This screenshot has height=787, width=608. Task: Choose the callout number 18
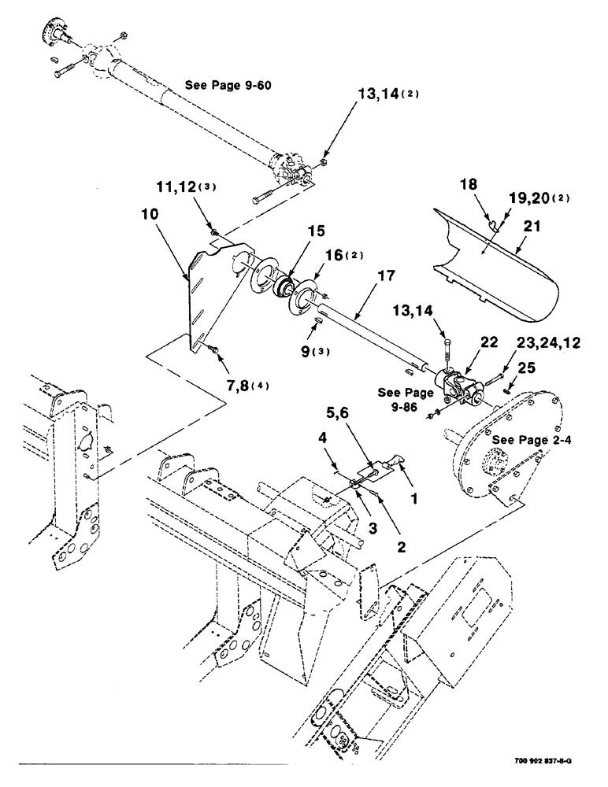click(x=468, y=185)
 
